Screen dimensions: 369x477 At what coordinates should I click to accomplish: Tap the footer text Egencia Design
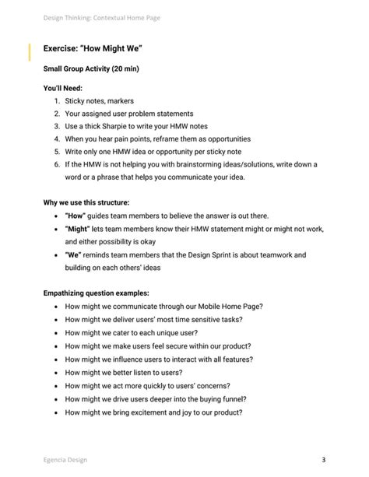[x=65, y=459]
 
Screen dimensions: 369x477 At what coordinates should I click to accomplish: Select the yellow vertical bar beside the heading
[x=30, y=53]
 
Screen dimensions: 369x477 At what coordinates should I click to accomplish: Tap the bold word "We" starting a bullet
[x=75, y=254]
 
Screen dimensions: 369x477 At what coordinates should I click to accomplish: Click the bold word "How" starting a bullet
[x=76, y=216]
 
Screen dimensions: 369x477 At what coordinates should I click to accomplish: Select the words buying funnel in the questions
[x=220, y=398]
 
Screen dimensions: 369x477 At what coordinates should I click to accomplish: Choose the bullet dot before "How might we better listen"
[x=54, y=372]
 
